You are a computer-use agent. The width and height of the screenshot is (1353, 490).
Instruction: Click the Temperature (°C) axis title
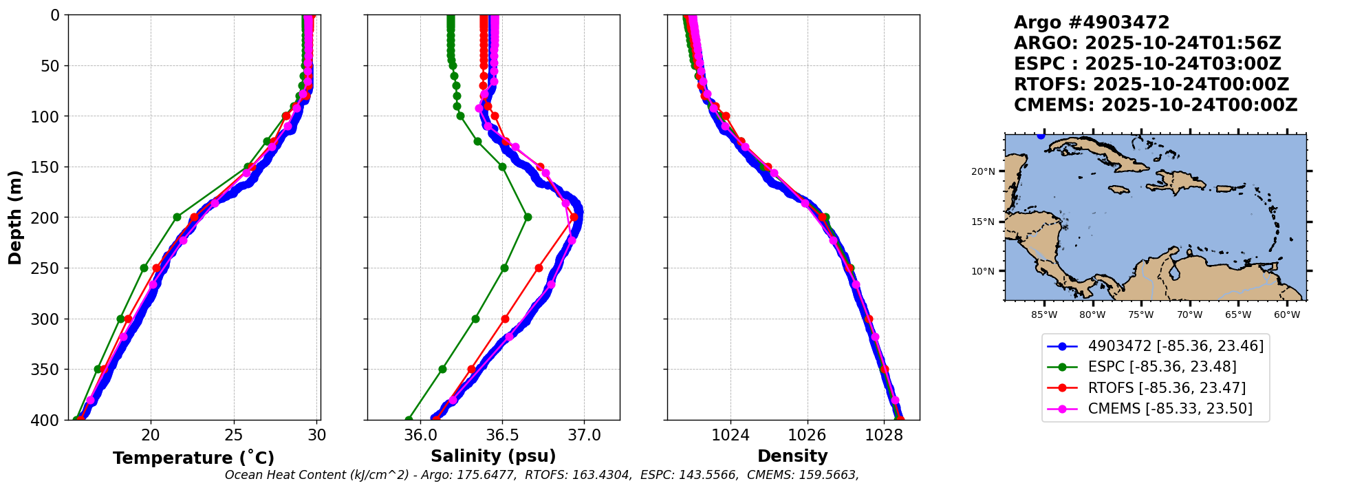pyautogui.click(x=193, y=458)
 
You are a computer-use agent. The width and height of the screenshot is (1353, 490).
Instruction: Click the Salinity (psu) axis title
pyautogui.click(x=493, y=456)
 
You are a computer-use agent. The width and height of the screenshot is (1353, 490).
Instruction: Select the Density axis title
pyautogui.click(x=792, y=456)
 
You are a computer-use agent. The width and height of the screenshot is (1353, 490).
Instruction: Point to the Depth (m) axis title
pyautogui.click(x=14, y=217)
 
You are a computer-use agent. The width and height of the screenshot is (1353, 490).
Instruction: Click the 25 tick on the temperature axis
pyautogui.click(x=234, y=435)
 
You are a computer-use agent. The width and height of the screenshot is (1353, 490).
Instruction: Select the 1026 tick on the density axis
pyautogui.click(x=807, y=435)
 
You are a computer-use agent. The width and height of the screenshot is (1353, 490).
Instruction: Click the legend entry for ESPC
pyautogui.click(x=1162, y=367)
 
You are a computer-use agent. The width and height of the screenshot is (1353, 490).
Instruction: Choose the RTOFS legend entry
pyautogui.click(x=1167, y=388)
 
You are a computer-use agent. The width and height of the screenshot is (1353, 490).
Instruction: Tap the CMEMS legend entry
pyautogui.click(x=1170, y=409)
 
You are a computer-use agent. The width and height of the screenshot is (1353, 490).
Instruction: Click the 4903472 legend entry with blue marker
pyautogui.click(x=1176, y=346)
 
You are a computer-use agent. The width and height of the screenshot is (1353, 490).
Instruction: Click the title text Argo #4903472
pyautogui.click(x=1092, y=23)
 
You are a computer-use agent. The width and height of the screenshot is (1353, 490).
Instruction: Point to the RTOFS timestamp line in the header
pyautogui.click(x=1151, y=85)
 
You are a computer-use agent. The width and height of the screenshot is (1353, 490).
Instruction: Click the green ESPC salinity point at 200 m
pyautogui.click(x=528, y=217)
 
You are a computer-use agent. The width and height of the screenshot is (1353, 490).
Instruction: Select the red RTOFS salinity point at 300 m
pyautogui.click(x=505, y=319)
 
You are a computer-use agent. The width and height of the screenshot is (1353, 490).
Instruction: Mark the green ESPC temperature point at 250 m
pyautogui.click(x=144, y=268)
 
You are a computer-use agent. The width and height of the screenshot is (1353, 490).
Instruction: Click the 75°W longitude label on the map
pyautogui.click(x=1140, y=315)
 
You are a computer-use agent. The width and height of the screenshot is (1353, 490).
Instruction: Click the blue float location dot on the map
pyautogui.click(x=1041, y=136)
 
